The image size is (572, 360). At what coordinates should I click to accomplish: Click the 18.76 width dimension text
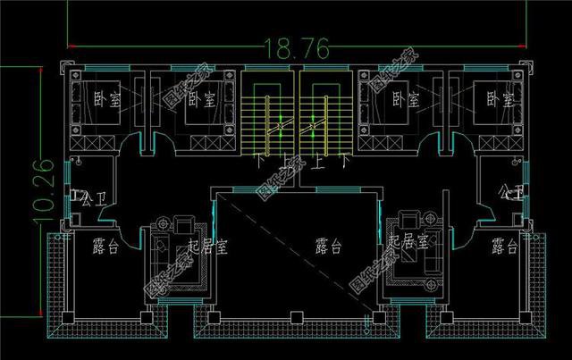285,46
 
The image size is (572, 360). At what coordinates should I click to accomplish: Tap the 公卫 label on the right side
512,190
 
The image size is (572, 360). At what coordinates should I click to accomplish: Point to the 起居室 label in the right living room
412,241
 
